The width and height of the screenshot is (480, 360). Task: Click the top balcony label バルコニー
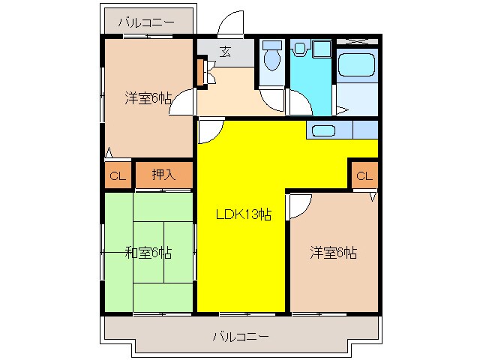(x=146, y=22)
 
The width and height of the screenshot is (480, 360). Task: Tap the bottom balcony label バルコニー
(x=241, y=337)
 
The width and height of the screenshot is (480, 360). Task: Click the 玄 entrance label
(x=226, y=52)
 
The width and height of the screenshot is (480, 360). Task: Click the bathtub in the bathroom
(x=357, y=64)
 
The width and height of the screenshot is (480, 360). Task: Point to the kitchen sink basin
(x=323, y=130)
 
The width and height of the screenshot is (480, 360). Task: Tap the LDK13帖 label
(x=244, y=214)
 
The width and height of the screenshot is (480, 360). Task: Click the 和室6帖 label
(x=148, y=253)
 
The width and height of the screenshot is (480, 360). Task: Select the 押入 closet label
(x=163, y=175)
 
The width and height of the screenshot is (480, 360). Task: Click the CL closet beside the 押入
(x=118, y=175)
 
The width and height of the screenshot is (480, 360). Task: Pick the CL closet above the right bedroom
(x=364, y=175)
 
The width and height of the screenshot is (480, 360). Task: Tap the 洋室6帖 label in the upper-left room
(x=148, y=98)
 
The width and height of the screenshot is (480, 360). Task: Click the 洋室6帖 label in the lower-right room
(x=333, y=253)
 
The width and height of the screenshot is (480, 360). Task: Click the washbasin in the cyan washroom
(x=300, y=48)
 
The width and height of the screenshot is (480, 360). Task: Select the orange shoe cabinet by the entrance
(x=200, y=73)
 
